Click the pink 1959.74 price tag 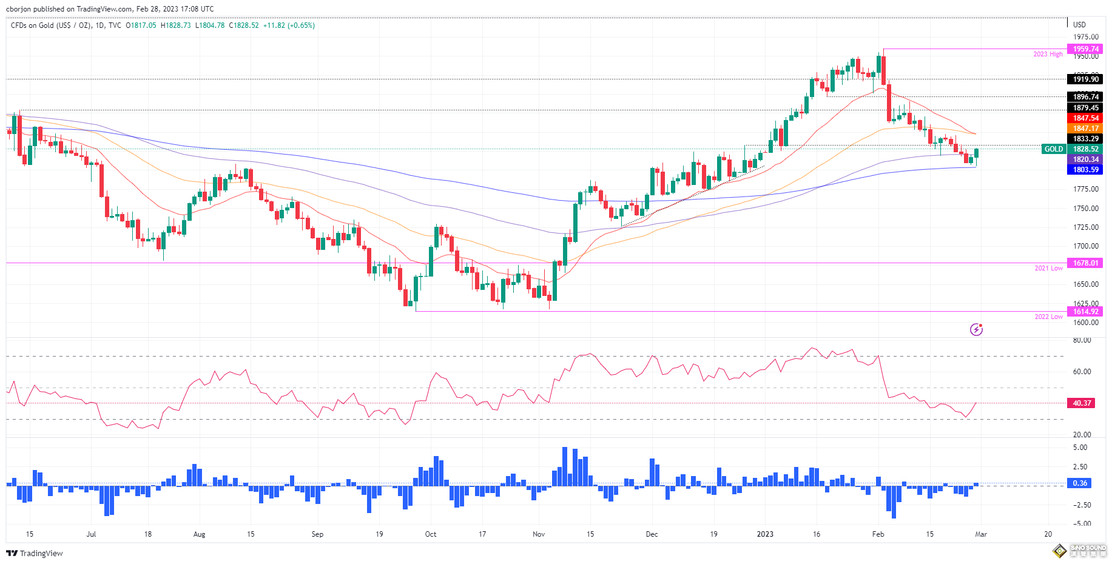click(x=1085, y=49)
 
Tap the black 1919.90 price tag click(x=1085, y=79)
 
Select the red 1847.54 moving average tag click(x=1085, y=118)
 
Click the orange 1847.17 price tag click(x=1085, y=129)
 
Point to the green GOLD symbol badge click(x=1053, y=149)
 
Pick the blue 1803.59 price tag click(x=1085, y=170)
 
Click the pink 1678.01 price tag click(x=1085, y=263)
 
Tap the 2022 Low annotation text click(x=1048, y=317)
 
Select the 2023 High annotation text click(x=1048, y=55)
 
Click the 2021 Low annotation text click(x=1048, y=268)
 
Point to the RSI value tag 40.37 click(x=1082, y=403)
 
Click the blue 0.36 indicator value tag click(x=1080, y=483)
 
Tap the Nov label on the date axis click(x=539, y=534)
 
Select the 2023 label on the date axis click(x=765, y=534)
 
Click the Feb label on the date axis click(x=878, y=534)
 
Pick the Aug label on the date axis click(x=199, y=534)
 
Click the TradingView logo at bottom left click(x=35, y=553)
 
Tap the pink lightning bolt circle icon click(x=976, y=329)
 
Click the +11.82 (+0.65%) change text click(x=289, y=25)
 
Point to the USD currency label click(x=1079, y=25)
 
